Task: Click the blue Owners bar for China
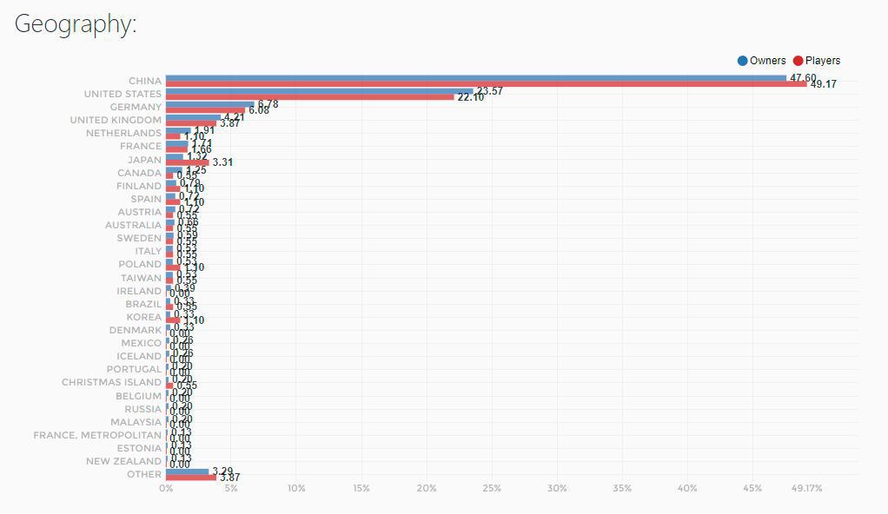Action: point(475,77)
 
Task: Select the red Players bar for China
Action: point(486,84)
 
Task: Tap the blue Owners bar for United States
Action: point(319,90)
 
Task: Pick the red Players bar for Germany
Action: point(205,110)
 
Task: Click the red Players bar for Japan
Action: point(187,162)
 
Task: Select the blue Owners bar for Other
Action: point(187,471)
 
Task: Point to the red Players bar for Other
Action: point(190,478)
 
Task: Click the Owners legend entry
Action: point(762,61)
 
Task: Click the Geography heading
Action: point(76,24)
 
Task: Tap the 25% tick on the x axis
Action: point(492,489)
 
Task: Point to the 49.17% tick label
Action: point(806,489)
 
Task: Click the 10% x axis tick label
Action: point(296,489)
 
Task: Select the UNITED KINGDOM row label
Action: point(116,120)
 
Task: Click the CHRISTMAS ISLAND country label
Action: point(111,382)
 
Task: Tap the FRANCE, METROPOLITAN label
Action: point(97,435)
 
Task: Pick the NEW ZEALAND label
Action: point(123,461)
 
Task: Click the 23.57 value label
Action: point(489,91)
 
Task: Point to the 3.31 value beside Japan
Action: point(222,162)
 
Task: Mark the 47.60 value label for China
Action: point(803,78)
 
